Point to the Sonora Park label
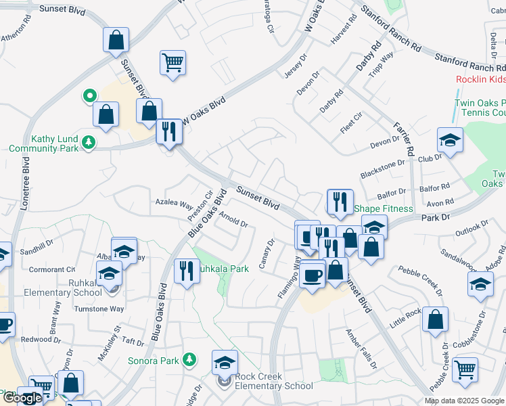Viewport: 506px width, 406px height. click(154, 361)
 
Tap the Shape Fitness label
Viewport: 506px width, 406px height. click(383, 208)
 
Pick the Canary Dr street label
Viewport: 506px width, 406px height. click(265, 254)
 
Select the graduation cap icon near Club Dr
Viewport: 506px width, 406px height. click(450, 140)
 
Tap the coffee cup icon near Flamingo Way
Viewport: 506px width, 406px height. click(313, 275)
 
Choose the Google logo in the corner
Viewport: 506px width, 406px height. click(23, 398)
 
